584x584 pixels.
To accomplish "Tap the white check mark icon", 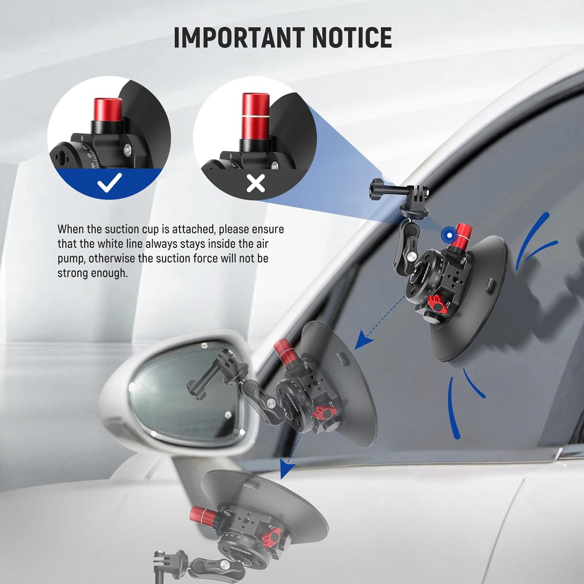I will pos(110,183).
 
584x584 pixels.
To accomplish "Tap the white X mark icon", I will pos(256,183).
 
